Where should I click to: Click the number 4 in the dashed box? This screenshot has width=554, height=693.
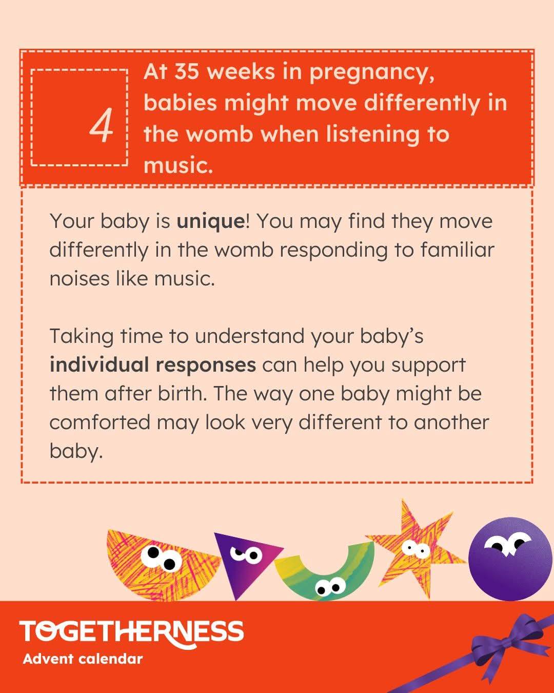coord(101,125)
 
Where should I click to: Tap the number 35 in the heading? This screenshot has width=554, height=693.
coord(187,71)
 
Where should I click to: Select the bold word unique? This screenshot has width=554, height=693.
coord(210,222)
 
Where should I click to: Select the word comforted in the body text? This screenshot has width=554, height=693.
coord(100,422)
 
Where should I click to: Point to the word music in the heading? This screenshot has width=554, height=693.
coord(178,165)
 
